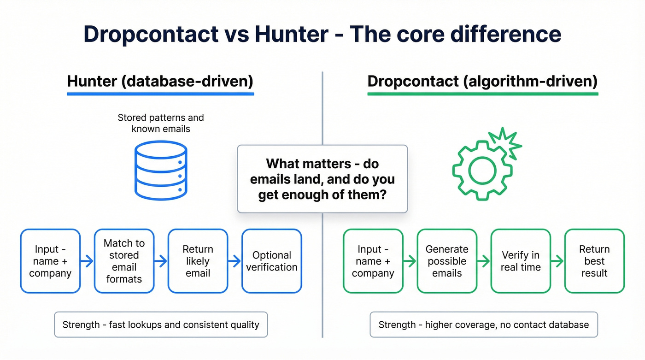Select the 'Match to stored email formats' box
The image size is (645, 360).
(x=124, y=261)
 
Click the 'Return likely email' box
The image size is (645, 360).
(x=198, y=261)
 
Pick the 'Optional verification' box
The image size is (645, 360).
(x=272, y=261)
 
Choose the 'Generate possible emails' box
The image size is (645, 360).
(x=447, y=261)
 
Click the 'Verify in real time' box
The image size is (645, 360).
(x=521, y=261)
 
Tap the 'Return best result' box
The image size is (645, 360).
(x=594, y=261)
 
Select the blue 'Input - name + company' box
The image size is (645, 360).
(x=50, y=261)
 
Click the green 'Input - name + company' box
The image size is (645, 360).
(x=373, y=261)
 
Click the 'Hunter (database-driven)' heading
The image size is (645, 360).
(x=160, y=82)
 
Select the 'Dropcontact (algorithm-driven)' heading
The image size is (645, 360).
(x=482, y=82)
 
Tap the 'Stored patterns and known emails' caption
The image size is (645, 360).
(x=161, y=123)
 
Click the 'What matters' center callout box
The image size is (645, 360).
(x=322, y=179)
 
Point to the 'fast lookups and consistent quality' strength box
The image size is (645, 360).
(x=161, y=325)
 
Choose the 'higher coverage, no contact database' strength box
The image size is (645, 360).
(x=484, y=325)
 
